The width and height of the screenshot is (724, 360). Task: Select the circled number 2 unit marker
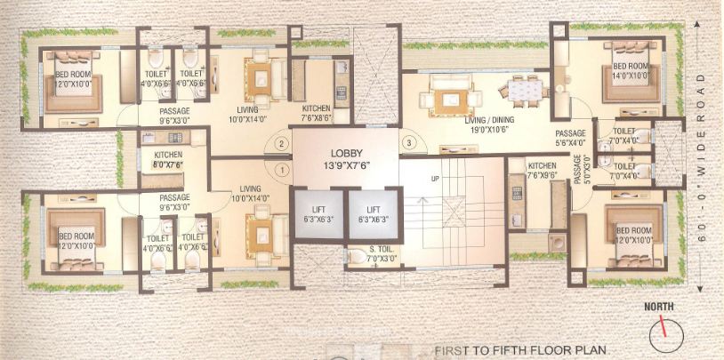pos(282,143)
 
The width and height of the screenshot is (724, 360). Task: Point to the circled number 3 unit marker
pos(409,143)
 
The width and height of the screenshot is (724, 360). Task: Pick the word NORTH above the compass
pos(659,308)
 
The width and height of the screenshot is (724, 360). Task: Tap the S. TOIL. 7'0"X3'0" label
pos(371,254)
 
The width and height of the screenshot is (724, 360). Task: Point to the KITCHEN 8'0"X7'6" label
pos(162,158)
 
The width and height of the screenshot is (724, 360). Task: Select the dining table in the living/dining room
pos(520,89)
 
